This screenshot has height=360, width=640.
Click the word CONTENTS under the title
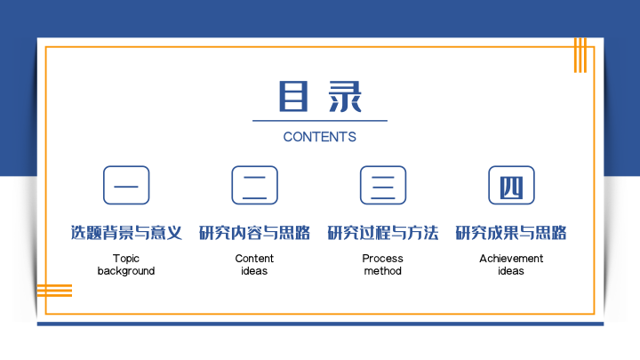point(320,137)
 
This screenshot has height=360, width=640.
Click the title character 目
point(293,96)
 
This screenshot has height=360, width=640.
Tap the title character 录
point(345,96)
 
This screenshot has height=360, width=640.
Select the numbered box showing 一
point(126,185)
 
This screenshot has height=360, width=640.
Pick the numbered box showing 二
point(255,185)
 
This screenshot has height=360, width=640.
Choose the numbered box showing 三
point(383,185)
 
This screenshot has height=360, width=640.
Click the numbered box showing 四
point(511,185)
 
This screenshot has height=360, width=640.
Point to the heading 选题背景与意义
point(126,233)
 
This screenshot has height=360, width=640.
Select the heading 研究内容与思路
point(255,233)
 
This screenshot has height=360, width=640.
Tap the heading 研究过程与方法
point(383,233)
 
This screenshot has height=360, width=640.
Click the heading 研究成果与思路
point(511,233)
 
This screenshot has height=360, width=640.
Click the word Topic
point(126,259)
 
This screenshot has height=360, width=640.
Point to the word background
point(126,271)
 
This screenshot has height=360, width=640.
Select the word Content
point(254,259)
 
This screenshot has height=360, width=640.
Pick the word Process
point(383,259)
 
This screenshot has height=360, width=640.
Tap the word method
point(383,271)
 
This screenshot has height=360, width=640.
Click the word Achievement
point(511,259)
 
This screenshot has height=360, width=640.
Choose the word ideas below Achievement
point(511,271)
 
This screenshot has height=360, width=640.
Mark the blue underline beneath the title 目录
point(320,121)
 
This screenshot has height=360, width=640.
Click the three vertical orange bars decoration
point(580,55)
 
